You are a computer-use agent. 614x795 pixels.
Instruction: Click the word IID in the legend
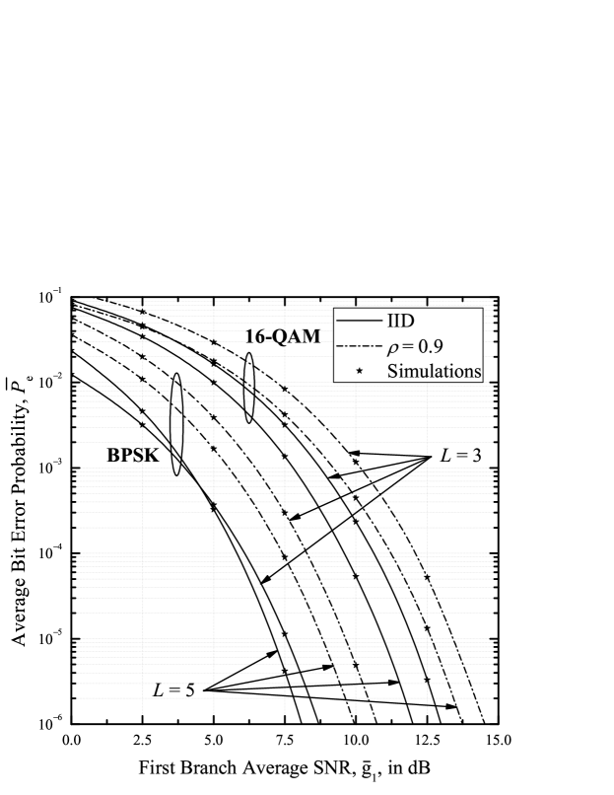coord(400,322)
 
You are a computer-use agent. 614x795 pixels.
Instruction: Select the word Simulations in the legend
coord(434,372)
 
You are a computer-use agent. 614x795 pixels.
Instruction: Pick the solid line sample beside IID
coord(359,322)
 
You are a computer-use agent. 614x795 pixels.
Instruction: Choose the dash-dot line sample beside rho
coord(359,347)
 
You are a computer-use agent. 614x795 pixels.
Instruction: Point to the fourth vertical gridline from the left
coord(356,592)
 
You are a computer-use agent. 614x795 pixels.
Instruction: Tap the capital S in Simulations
coord(392,372)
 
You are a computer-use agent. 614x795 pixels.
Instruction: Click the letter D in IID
coord(408,322)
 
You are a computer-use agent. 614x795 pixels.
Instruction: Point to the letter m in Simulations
coord(408,373)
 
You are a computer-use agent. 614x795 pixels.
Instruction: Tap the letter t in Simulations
coord(449,372)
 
